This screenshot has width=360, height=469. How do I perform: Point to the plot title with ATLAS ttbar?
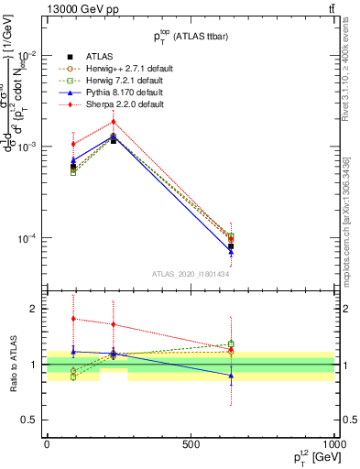(x=191, y=37)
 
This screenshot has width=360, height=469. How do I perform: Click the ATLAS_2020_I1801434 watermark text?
(x=191, y=273)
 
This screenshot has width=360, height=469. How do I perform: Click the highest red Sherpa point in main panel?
(x=114, y=121)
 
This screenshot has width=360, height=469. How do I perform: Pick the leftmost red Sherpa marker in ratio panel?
(x=73, y=319)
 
